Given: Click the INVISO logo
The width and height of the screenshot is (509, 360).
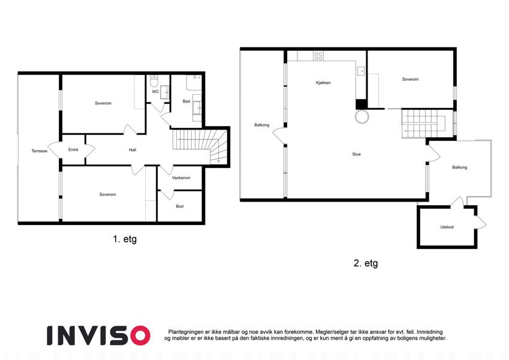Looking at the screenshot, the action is click(98, 335).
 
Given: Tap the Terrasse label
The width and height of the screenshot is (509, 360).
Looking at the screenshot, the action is click(40, 151).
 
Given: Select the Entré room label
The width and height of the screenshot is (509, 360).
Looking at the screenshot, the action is click(73, 149).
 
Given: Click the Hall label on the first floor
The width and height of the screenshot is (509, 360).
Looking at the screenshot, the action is click(132, 150).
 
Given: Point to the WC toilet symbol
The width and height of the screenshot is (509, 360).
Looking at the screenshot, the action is click(154, 79).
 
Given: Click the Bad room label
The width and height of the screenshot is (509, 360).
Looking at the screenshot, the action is click(186, 101).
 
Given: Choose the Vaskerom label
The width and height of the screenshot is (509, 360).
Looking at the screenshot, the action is click(181, 178).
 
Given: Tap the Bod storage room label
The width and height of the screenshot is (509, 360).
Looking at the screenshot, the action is click(179, 206).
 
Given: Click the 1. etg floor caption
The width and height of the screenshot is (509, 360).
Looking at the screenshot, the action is click(125, 239).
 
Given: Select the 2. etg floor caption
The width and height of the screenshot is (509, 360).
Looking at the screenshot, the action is click(366, 263).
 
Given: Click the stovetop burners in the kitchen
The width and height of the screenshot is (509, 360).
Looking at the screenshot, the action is click(318, 56).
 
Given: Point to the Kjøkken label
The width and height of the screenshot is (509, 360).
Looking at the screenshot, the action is click(323, 83).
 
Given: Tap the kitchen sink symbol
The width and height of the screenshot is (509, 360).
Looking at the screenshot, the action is click(361, 71).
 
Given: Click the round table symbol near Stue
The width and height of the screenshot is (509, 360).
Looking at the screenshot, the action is click(362, 116).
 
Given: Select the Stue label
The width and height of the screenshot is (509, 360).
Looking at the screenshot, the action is click(357, 154).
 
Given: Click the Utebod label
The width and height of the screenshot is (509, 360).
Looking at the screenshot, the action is click(447, 227).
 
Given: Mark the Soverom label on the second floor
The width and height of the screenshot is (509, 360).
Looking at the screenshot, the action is click(410, 79).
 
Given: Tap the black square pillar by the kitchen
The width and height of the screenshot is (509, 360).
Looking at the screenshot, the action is click(362, 104).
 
